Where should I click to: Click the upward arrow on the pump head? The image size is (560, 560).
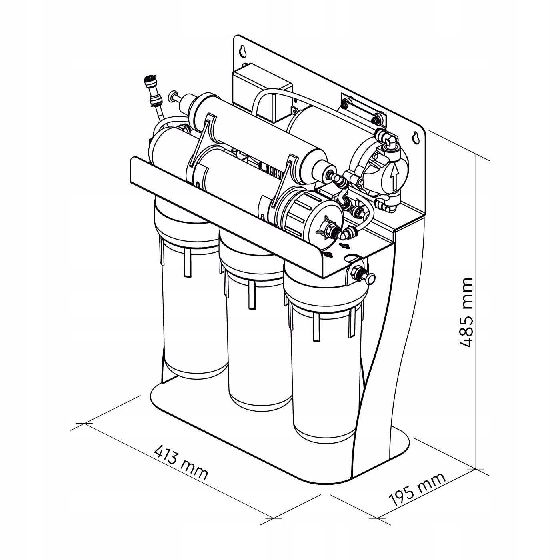[394, 176]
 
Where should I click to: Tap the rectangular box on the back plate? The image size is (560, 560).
[262, 92]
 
